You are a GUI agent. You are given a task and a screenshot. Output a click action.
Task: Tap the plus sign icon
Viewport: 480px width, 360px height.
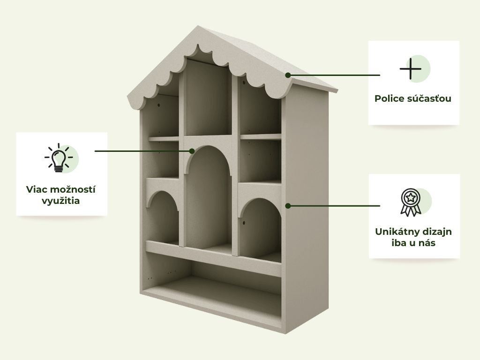tap(410, 68)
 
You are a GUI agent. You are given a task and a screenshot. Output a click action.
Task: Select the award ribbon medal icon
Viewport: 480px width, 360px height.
tap(411, 202)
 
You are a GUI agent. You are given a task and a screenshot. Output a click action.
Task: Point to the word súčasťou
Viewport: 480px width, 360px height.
tap(429, 98)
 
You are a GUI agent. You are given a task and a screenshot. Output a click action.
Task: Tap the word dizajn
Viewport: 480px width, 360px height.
tap(438, 232)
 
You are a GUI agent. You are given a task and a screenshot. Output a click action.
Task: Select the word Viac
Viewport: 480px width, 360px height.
tap(37, 189)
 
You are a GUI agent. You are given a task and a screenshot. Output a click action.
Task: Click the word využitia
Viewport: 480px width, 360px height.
tap(60, 201)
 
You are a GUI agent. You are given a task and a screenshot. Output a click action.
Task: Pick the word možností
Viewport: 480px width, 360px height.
tap(73, 189)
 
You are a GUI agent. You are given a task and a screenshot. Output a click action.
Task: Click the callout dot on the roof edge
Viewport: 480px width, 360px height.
tap(288, 75)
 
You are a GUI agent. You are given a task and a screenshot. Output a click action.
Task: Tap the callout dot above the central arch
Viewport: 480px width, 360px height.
tap(192, 151)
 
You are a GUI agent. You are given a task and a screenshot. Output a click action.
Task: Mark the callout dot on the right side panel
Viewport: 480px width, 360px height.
tap(288, 206)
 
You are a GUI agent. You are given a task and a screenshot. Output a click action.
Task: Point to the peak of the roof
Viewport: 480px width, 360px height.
tap(198, 26)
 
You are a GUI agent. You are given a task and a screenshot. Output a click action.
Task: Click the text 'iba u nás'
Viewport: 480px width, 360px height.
tap(413, 243)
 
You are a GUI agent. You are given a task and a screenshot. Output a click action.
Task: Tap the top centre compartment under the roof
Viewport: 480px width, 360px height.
tap(208, 98)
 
